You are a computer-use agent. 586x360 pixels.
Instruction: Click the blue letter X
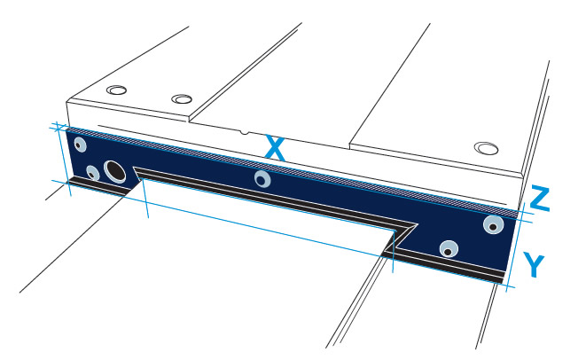coord(275,149)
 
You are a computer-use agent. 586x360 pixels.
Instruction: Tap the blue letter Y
coord(534,264)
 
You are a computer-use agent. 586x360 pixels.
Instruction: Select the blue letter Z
coord(540,198)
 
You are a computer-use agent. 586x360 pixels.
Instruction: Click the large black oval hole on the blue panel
coord(115,172)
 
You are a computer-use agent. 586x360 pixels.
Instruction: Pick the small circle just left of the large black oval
coord(93,174)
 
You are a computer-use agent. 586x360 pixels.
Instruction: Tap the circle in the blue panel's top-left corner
coord(80,145)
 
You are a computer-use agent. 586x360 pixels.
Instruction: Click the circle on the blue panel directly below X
coord(262,179)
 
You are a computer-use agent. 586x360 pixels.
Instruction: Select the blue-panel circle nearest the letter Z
coord(493,224)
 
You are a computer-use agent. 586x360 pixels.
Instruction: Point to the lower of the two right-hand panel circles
coord(449,249)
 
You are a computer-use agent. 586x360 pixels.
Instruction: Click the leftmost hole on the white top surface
coord(116,90)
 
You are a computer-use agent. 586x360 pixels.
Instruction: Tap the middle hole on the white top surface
coord(182,99)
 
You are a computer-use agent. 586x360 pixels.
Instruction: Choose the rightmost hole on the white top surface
coord(486,148)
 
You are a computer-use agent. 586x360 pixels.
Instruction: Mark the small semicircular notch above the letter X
coord(244,132)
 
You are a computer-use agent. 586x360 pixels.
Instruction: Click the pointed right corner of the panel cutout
coord(416,224)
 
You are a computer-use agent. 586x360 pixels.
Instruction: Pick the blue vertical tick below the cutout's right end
coord(394,251)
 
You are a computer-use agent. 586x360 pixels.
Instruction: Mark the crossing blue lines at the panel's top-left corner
coord(58,129)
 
